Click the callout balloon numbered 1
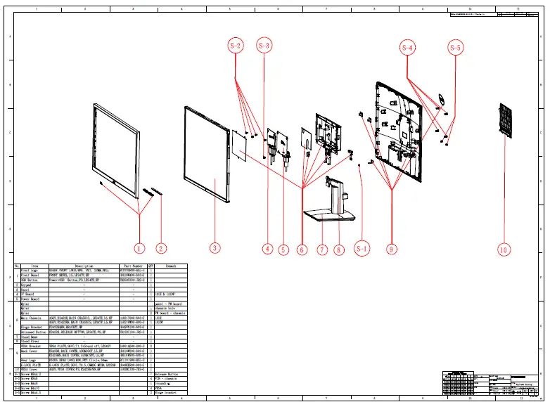[139, 248]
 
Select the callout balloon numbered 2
[161, 248]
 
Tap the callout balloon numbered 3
[215, 248]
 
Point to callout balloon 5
[283, 249]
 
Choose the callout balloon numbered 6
[302, 249]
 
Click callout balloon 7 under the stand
[322, 249]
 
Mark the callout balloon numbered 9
[339, 249]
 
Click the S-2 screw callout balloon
[236, 46]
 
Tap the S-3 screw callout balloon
[264, 46]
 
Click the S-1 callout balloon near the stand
[362, 248]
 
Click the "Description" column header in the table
[84, 266]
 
